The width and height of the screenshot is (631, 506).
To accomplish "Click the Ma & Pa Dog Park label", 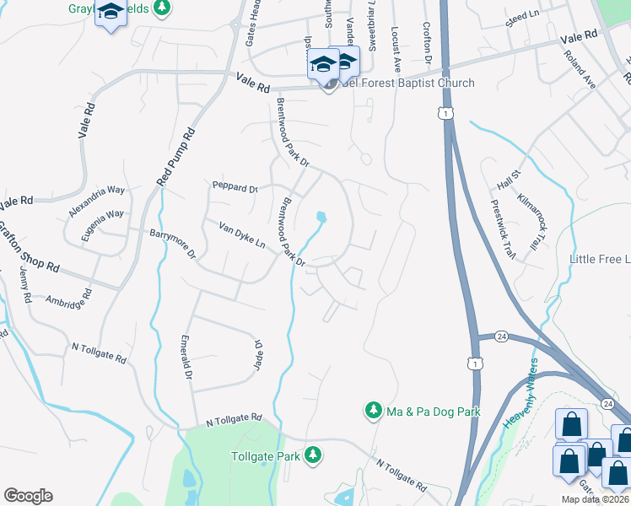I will (433, 412).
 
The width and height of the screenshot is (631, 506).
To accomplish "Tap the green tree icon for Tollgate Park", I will (313, 455).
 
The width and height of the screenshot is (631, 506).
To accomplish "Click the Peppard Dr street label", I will (234, 187).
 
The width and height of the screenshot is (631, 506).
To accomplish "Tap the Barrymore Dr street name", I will (172, 243).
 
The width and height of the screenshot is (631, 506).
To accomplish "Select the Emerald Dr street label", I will (187, 357).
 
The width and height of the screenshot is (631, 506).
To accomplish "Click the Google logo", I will (27, 496).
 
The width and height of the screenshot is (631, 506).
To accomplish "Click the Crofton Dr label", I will (427, 44).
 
